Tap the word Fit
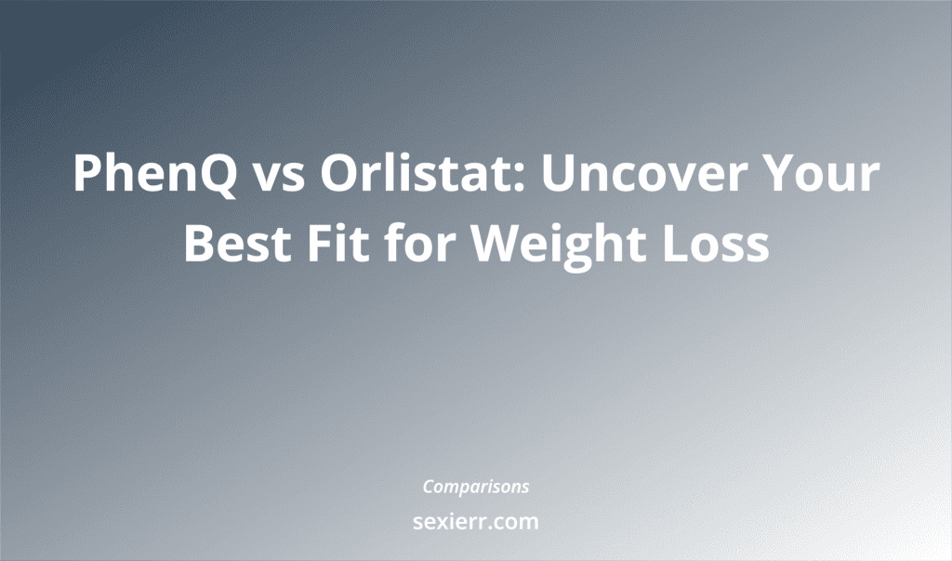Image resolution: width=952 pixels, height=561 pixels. (x=342, y=244)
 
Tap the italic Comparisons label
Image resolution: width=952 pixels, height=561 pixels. (x=476, y=487)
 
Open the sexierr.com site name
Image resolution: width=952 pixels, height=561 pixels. (x=476, y=522)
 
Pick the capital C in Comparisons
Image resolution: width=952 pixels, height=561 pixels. (x=429, y=486)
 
